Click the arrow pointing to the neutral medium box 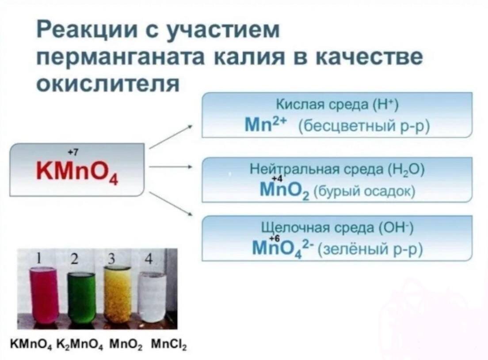170,168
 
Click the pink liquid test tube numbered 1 44,294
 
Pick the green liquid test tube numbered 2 81,297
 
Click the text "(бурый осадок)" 364,192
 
